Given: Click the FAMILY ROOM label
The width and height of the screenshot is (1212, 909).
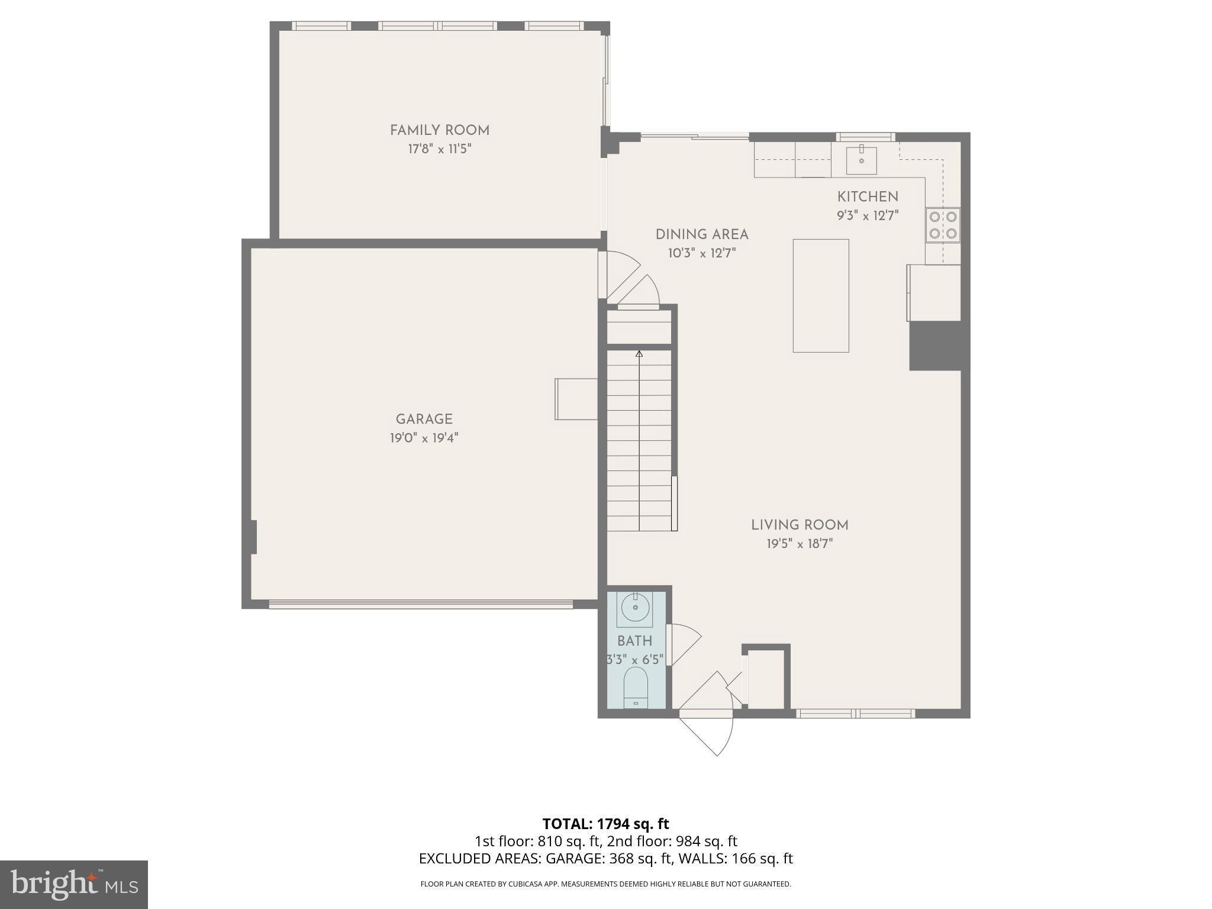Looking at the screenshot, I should click(439, 130).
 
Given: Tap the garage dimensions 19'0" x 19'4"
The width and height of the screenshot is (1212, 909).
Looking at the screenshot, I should click(424, 438).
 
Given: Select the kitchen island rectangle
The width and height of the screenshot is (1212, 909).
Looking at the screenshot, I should click(820, 295).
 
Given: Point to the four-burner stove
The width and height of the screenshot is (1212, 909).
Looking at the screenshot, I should click(943, 225).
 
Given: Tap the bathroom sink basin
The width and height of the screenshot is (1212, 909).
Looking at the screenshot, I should click(636, 608).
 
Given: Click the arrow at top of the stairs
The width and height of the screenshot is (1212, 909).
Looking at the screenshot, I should click(639, 354).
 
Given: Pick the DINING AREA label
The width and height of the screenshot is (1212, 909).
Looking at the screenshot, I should click(702, 234).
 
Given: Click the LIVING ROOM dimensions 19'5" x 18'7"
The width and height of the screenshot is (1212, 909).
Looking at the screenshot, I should click(800, 543).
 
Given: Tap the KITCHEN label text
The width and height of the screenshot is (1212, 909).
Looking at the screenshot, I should click(868, 196).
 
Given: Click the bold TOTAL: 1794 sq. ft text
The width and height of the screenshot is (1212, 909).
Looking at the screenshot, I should click(605, 824).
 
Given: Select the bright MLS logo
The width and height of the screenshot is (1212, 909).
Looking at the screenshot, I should click(74, 884).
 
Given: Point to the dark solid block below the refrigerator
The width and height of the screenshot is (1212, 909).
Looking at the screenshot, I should click(934, 346).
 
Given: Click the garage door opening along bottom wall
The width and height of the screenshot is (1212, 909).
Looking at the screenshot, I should click(421, 604).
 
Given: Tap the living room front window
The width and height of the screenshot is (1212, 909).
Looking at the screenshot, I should click(855, 714).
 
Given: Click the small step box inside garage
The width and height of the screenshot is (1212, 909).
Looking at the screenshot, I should click(576, 399).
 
